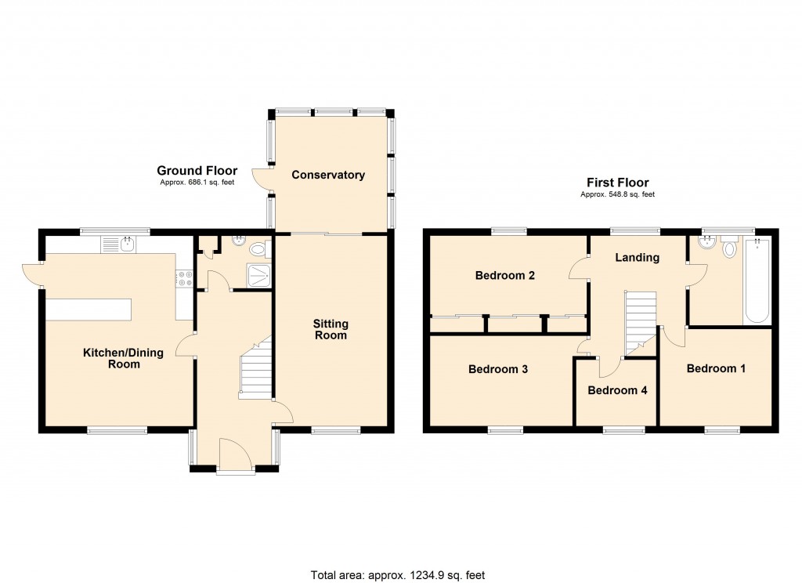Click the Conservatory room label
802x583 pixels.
click(328, 175)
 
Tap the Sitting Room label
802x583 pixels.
click(331, 329)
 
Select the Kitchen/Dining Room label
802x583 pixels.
click(124, 358)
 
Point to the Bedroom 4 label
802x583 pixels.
click(617, 389)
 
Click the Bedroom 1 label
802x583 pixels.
click(716, 368)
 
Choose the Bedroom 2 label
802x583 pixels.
click(505, 276)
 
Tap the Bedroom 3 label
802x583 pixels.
click(498, 369)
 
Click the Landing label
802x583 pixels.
click(637, 257)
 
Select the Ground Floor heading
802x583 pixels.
click(197, 170)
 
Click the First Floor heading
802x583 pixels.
click(617, 183)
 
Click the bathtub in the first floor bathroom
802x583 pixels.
click(757, 282)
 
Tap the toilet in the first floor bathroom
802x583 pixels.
click(730, 248)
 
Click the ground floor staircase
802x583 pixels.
click(255, 369)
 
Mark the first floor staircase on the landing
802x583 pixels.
click(640, 321)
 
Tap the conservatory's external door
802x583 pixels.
click(261, 178)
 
